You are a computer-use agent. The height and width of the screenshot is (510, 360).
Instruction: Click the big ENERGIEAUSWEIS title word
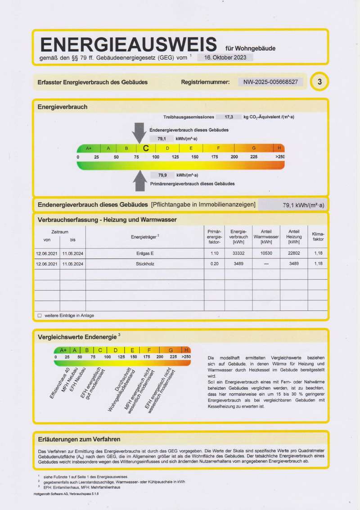pos(128,45)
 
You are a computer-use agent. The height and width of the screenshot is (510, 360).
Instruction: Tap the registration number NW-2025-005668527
pos(270,82)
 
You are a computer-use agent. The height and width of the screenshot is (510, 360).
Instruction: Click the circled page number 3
pos(319,82)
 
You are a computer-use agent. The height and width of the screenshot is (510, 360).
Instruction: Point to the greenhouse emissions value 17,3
pos(229,116)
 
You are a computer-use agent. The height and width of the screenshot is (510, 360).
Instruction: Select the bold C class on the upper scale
pos(146,148)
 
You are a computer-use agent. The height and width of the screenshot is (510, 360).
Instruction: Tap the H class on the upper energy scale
pos(279,148)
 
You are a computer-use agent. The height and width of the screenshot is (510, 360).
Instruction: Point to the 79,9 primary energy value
pos(162,175)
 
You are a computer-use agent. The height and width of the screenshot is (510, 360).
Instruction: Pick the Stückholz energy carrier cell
pos(145,264)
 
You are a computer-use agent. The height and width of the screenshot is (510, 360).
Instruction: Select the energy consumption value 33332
pos(238,254)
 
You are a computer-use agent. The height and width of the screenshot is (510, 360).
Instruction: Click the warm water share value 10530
pos(266,254)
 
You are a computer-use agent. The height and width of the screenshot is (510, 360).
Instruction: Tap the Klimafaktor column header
pos(318,237)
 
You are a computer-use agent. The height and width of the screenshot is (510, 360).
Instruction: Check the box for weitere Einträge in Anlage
pos(39,316)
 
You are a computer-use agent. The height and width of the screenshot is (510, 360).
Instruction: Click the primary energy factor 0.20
pos(215,264)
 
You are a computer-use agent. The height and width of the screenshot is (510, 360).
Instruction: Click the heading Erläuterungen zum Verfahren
pos(79,439)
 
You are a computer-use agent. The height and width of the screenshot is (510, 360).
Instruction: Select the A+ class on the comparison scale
pos(63,350)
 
